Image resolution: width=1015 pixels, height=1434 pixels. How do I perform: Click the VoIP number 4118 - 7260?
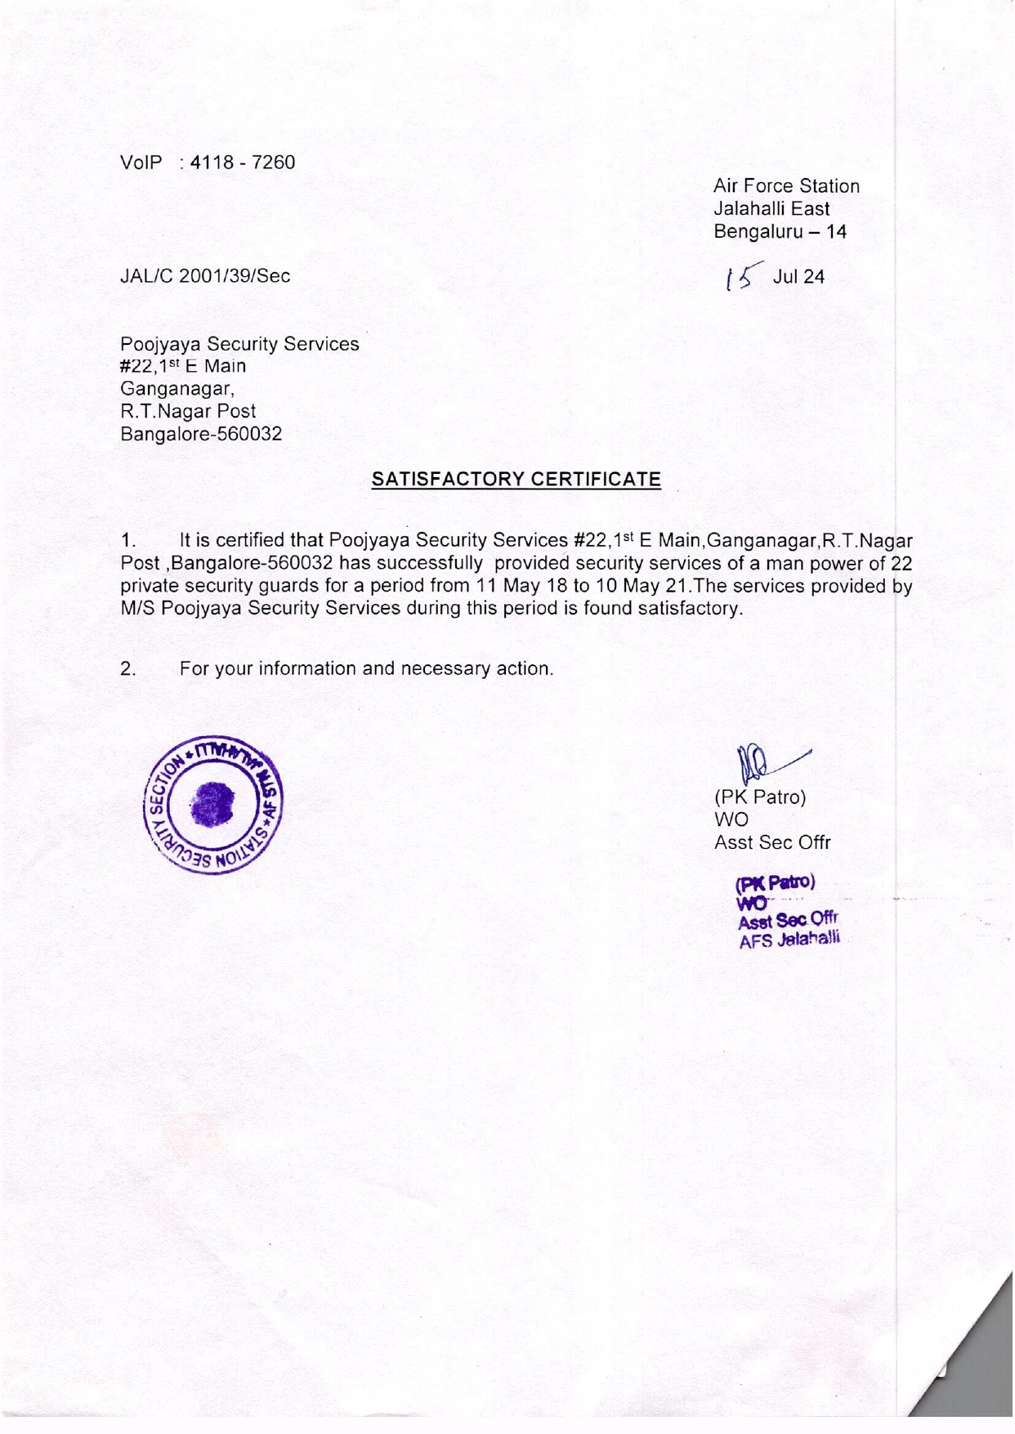(x=242, y=163)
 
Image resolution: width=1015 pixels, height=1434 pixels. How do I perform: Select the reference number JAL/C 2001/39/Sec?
(x=205, y=276)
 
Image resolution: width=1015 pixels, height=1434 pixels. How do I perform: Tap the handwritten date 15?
(x=743, y=278)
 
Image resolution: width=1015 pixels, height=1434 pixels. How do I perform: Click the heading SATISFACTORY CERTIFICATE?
(x=516, y=480)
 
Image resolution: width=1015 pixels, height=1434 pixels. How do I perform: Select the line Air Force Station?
(x=786, y=186)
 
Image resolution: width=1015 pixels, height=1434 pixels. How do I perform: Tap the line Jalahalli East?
(x=771, y=209)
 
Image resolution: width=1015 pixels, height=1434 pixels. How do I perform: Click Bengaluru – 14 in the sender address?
(x=780, y=232)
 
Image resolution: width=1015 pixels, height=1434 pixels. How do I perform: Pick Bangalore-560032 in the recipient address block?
(x=201, y=435)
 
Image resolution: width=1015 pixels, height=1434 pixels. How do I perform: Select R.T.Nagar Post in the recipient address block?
(x=188, y=412)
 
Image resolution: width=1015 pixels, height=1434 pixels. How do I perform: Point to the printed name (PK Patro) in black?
(x=760, y=797)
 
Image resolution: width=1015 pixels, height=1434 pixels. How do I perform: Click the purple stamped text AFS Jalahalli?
(x=789, y=940)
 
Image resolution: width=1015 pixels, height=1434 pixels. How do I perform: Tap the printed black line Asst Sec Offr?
(x=772, y=842)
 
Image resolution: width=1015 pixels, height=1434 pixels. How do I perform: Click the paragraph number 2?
(x=127, y=669)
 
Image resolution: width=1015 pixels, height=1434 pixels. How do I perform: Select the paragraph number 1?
(x=127, y=541)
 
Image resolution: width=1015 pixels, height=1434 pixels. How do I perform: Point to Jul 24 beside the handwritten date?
(x=798, y=277)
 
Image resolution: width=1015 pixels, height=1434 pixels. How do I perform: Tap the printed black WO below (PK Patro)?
(x=731, y=820)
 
